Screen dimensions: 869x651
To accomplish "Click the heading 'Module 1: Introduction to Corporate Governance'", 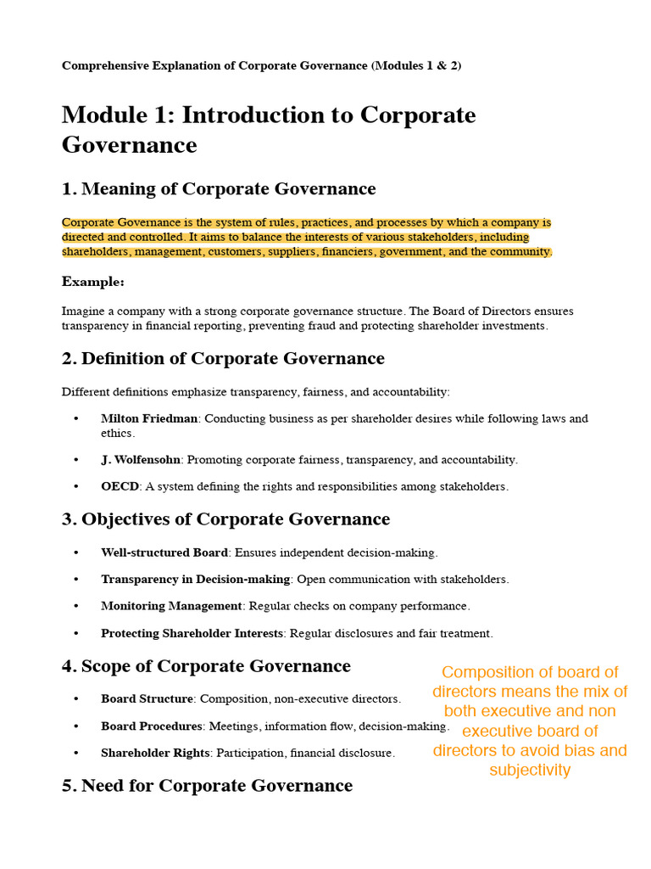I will tap(269, 129).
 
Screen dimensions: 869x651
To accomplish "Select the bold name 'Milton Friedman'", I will tap(149, 418).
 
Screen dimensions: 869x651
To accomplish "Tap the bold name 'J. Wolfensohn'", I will tap(141, 460).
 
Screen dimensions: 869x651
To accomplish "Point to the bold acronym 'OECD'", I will tap(120, 487).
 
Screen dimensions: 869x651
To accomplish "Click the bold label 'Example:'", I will tap(93, 282).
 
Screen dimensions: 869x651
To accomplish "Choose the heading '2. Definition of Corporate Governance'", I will tap(223, 358).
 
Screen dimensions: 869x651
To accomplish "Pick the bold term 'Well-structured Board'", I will tap(164, 552).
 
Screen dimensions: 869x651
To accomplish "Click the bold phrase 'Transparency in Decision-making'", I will tap(196, 580).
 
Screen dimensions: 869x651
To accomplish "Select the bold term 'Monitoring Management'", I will tap(171, 607).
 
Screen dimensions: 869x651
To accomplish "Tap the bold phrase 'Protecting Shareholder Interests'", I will tap(192, 634).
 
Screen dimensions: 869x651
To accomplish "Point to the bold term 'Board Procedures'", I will tap(152, 726).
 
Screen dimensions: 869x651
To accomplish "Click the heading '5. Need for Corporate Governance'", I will tap(207, 785).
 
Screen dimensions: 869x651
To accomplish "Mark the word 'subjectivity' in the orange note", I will tap(530, 771).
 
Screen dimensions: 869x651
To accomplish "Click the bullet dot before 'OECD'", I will tap(76, 487).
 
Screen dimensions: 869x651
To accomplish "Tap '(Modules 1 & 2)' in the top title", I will tap(416, 65).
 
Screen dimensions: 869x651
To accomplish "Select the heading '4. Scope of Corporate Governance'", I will tap(206, 666).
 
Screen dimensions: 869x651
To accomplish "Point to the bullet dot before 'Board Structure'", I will tap(76, 699).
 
